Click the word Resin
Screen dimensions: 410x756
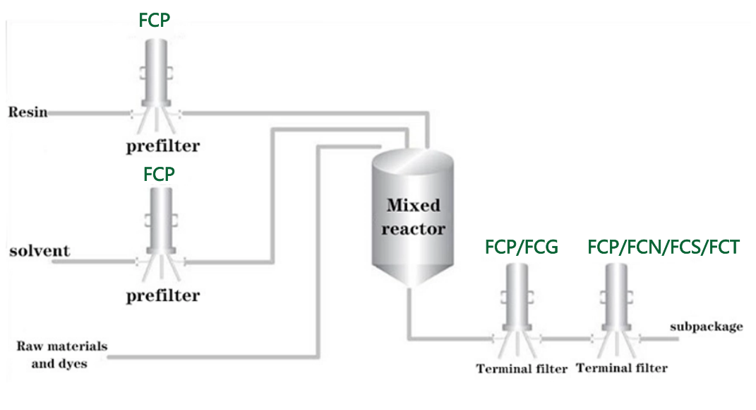(28, 112)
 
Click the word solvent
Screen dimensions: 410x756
(40, 251)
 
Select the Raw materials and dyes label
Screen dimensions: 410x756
(62, 355)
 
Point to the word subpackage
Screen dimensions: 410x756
(706, 327)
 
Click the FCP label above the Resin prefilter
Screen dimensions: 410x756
(154, 20)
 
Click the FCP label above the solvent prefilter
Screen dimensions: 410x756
(159, 174)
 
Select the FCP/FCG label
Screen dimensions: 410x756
(522, 247)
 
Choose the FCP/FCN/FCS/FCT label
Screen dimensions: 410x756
(664, 247)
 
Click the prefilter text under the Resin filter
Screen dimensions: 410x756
(162, 147)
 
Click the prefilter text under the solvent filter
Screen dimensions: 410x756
(162, 295)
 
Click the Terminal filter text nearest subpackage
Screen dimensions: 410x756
(621, 368)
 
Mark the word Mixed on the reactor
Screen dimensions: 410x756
(413, 206)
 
